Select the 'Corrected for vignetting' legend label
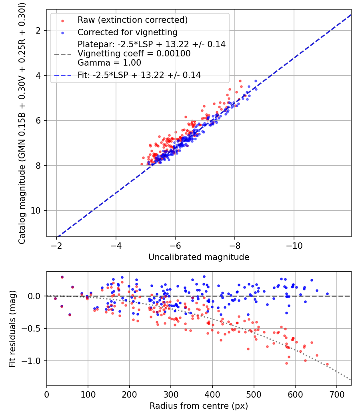pyautogui.click(x=127, y=32)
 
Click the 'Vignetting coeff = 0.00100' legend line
pyautogui.click(x=134, y=53)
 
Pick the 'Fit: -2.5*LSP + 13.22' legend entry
pyautogui.click(x=139, y=75)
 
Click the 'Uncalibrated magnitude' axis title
pyautogui.click(x=199, y=257)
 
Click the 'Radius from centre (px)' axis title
pyautogui.click(x=199, y=406)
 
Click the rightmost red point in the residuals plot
pyautogui.click(x=327, y=364)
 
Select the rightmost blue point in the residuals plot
pyautogui.click(x=327, y=294)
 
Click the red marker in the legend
pyautogui.click(x=62, y=20)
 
